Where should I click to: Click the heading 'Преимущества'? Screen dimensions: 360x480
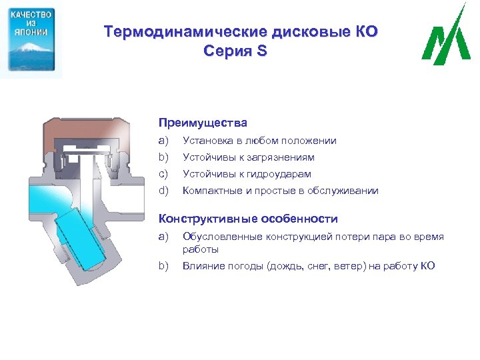tap(203, 123)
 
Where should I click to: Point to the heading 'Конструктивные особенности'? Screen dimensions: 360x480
tap(248, 219)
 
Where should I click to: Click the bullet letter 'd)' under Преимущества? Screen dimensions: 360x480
tap(164, 191)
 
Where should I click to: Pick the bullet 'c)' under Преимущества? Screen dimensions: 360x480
tap(164, 174)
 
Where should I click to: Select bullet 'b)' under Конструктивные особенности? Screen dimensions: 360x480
tap(164, 266)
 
